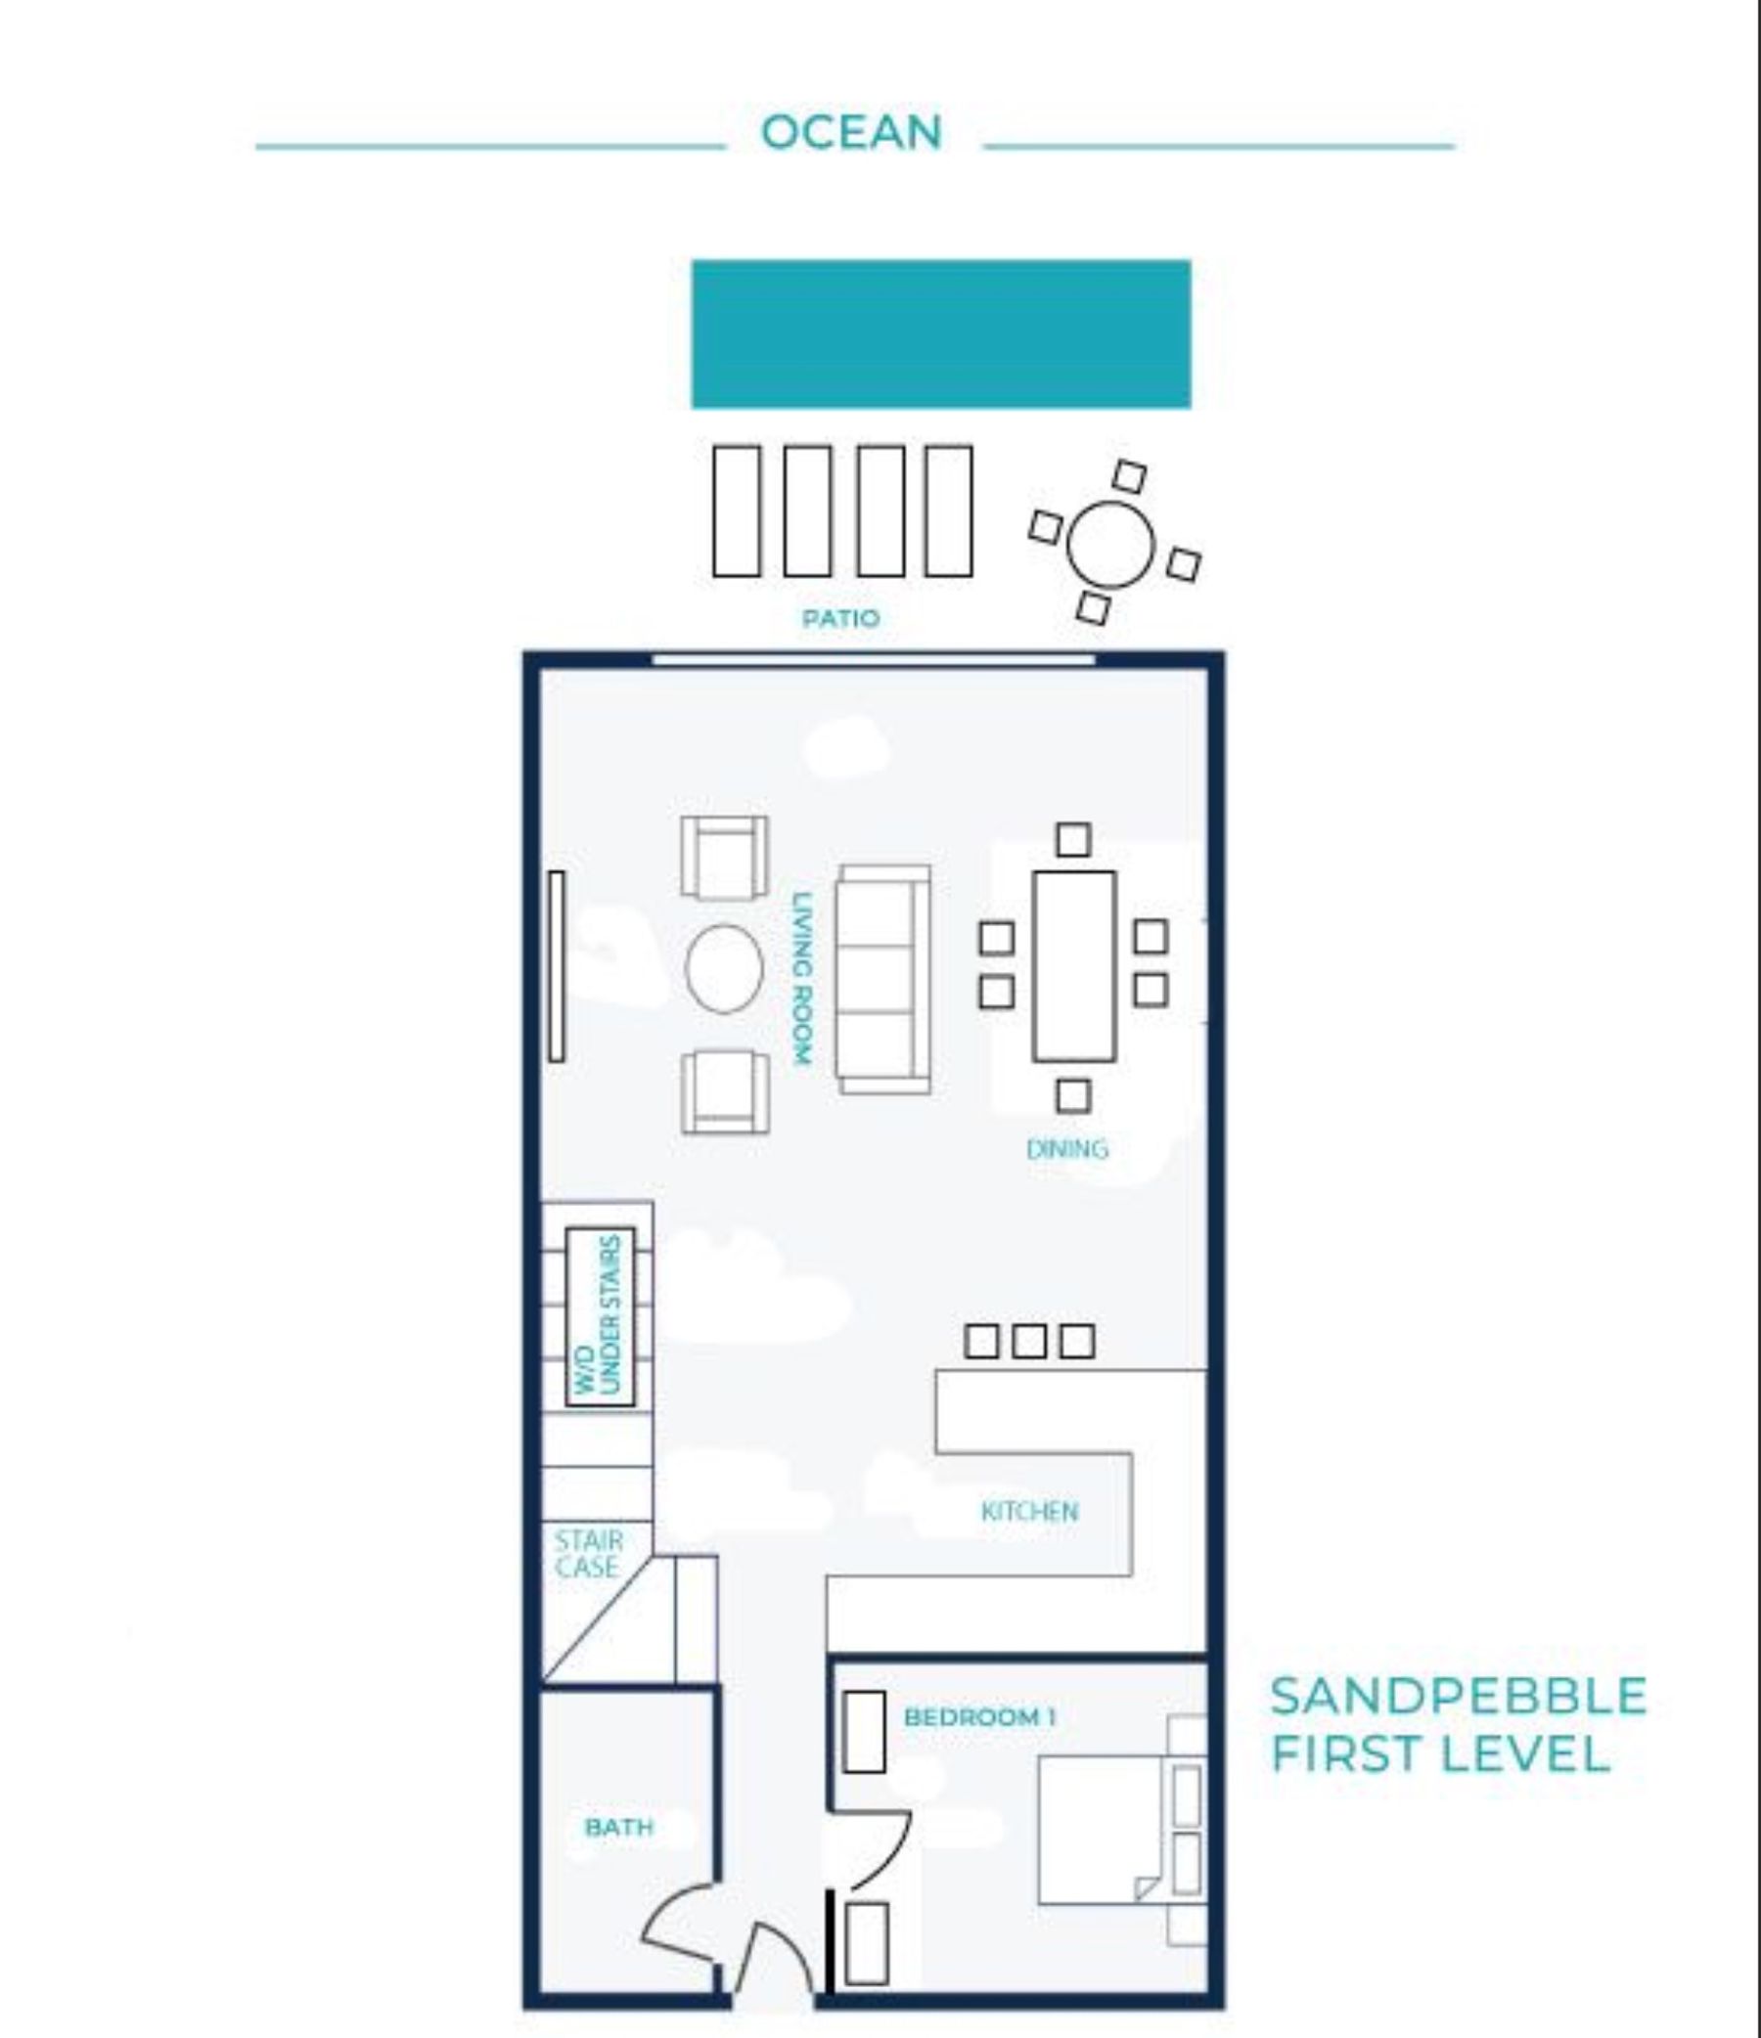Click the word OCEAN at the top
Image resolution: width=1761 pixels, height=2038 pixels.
click(852, 132)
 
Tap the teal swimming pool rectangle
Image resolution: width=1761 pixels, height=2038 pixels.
click(940, 333)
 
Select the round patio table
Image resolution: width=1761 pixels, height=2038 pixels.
click(1110, 544)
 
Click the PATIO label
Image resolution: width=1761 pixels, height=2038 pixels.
click(840, 618)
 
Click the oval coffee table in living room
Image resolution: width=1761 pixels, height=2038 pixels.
click(724, 969)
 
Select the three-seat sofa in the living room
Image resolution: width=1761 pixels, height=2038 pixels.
click(882, 979)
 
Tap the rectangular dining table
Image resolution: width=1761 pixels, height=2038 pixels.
click(1073, 966)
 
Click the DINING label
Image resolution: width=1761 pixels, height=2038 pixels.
click(1066, 1149)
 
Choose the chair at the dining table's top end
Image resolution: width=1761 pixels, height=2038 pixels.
click(1073, 839)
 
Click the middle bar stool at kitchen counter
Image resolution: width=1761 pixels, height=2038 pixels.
click(1029, 1341)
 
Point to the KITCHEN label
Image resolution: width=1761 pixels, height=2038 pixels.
click(1029, 1511)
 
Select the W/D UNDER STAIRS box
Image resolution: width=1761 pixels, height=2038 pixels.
click(599, 1316)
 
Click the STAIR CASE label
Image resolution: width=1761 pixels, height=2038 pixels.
click(587, 1554)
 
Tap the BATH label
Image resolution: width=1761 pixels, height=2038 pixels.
click(619, 1827)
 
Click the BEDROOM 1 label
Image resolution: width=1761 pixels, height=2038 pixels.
click(980, 1716)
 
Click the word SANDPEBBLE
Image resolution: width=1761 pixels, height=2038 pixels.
click(1458, 1696)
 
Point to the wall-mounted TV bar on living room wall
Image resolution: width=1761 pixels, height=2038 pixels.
click(556, 966)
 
